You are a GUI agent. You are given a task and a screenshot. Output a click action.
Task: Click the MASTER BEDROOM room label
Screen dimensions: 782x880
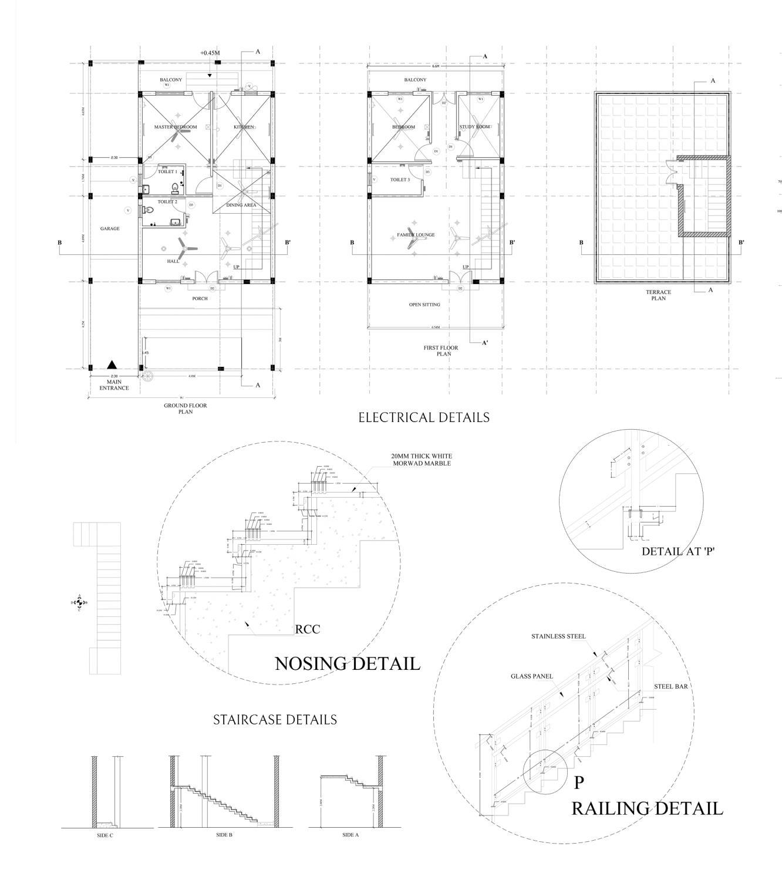[176, 127]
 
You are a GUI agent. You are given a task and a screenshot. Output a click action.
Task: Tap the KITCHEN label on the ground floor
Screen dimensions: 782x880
[244, 127]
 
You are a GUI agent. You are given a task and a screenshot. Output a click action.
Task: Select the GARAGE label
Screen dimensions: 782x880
[110, 228]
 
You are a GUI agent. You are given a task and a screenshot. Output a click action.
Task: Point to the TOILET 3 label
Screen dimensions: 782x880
[400, 180]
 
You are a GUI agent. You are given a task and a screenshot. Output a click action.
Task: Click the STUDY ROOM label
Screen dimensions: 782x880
[474, 127]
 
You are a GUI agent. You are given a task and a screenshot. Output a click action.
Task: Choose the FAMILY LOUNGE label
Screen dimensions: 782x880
[416, 235]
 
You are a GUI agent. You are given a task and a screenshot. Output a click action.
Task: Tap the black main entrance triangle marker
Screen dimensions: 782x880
[112, 365]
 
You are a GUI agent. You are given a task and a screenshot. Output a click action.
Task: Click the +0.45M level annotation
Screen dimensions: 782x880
[210, 53]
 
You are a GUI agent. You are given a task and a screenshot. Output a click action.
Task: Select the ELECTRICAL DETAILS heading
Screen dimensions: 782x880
[424, 417]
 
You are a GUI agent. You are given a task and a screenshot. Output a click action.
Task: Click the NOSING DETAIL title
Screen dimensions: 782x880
[348, 664]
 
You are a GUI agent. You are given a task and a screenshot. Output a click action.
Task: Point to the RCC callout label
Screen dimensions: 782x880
[308, 629]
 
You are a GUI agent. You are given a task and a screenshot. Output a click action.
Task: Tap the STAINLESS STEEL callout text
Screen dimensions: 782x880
[558, 636]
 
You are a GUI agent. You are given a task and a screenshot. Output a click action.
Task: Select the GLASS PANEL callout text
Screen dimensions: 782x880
[532, 676]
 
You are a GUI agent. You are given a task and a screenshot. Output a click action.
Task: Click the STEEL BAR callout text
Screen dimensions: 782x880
[671, 686]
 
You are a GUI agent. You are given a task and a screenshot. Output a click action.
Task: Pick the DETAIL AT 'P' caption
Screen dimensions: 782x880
[678, 551]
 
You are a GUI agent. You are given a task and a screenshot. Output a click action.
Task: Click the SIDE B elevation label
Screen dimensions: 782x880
[224, 834]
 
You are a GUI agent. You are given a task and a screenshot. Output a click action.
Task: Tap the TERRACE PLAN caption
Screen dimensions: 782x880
[659, 295]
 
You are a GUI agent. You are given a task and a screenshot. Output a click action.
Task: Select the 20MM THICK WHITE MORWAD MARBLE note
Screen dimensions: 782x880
[422, 459]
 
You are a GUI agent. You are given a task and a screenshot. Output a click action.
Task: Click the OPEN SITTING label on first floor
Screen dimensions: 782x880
[424, 305]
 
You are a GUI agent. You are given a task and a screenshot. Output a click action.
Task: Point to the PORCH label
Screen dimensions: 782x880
[200, 298]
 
